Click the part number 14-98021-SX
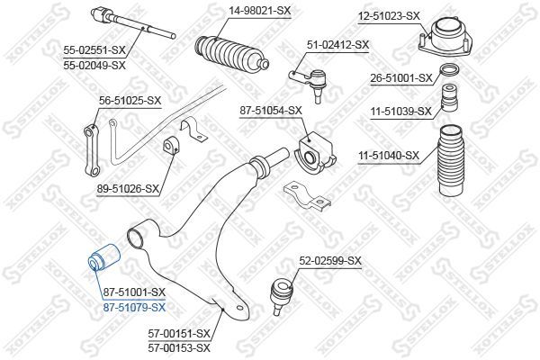[260, 11]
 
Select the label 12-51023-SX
[389, 16]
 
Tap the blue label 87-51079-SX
[135, 307]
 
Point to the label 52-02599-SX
[330, 261]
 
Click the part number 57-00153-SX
[179, 348]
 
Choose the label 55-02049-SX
[94, 65]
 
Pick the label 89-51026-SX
[128, 188]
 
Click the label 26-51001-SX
[401, 78]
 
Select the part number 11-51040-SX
[389, 156]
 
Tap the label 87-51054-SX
[271, 111]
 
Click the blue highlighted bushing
[103, 257]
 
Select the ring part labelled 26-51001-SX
[450, 70]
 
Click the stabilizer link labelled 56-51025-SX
[93, 150]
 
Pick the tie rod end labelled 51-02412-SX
[310, 85]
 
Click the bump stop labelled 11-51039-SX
[450, 97]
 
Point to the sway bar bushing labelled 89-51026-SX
[170, 147]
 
